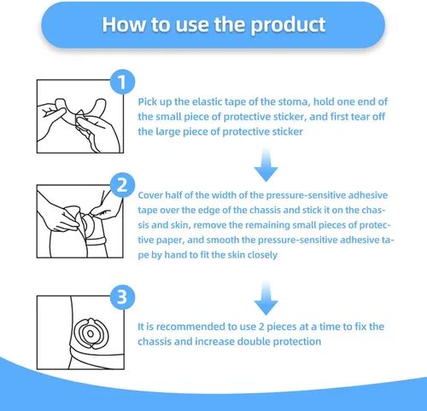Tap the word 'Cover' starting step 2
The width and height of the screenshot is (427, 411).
point(152,194)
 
